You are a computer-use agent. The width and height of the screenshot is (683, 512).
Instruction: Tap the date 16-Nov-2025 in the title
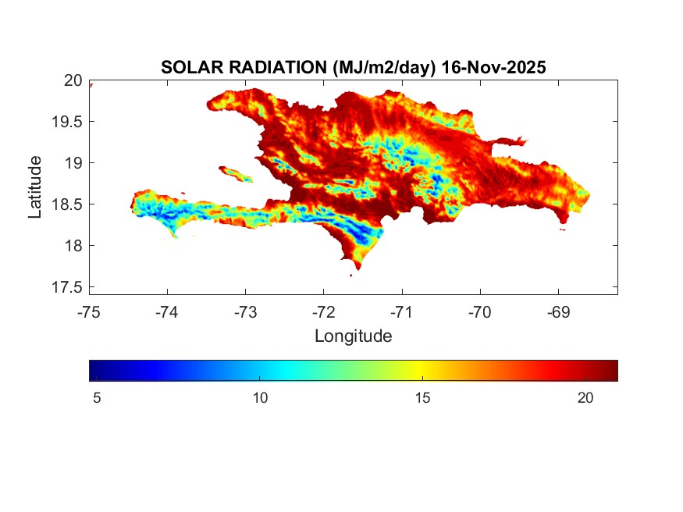coord(493,68)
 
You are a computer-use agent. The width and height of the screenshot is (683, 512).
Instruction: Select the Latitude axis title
coord(35,187)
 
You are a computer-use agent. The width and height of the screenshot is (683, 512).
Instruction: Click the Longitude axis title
coord(353,336)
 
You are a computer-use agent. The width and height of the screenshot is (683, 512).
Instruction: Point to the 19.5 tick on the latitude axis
coord(68,122)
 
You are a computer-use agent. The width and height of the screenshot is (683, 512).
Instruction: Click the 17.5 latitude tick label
coord(68,287)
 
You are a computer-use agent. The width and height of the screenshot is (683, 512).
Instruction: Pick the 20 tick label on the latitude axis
coord(73,80)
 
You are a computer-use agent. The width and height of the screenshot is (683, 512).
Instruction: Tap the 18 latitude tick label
coord(73,246)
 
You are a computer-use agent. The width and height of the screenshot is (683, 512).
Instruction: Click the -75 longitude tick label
coord(89,312)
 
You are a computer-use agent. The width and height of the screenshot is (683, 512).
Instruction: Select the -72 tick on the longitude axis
coord(323,312)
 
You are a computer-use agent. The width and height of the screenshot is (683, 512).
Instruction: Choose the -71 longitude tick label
coord(402,312)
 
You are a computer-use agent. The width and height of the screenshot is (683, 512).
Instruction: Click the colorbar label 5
coord(97,398)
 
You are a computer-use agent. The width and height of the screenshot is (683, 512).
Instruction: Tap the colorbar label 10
coord(260,398)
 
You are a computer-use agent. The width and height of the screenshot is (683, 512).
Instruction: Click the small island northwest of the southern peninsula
coord(236,174)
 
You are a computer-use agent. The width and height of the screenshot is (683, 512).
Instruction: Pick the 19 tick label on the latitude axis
coord(73,163)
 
